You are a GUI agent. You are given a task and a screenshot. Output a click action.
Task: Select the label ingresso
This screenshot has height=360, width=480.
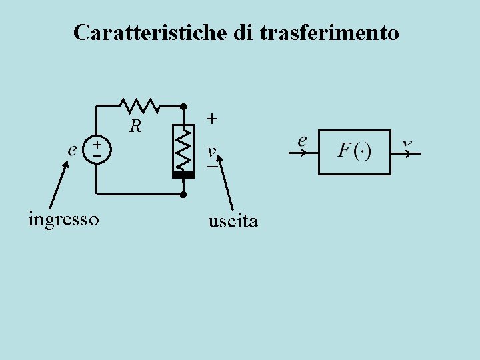[x=64, y=219]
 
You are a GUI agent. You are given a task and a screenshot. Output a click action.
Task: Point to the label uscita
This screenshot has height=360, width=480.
[x=233, y=221]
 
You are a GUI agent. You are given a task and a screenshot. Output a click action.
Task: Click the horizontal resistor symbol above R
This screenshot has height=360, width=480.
[x=139, y=105]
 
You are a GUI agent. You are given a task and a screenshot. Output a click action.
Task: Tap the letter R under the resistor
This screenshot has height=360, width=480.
[x=135, y=125]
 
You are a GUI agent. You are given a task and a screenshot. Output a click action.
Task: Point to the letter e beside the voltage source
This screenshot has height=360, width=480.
[x=73, y=149]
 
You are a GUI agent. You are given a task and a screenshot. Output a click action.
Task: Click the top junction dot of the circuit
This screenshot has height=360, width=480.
[x=183, y=106]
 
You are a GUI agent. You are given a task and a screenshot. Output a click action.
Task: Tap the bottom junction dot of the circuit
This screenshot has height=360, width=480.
[x=183, y=195]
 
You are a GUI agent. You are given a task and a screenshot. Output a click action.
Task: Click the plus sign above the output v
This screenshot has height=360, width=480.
[x=211, y=119]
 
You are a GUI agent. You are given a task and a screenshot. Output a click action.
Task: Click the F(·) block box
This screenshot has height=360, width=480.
[x=354, y=152]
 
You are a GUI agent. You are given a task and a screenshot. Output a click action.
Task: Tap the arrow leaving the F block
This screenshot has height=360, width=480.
[x=406, y=153]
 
